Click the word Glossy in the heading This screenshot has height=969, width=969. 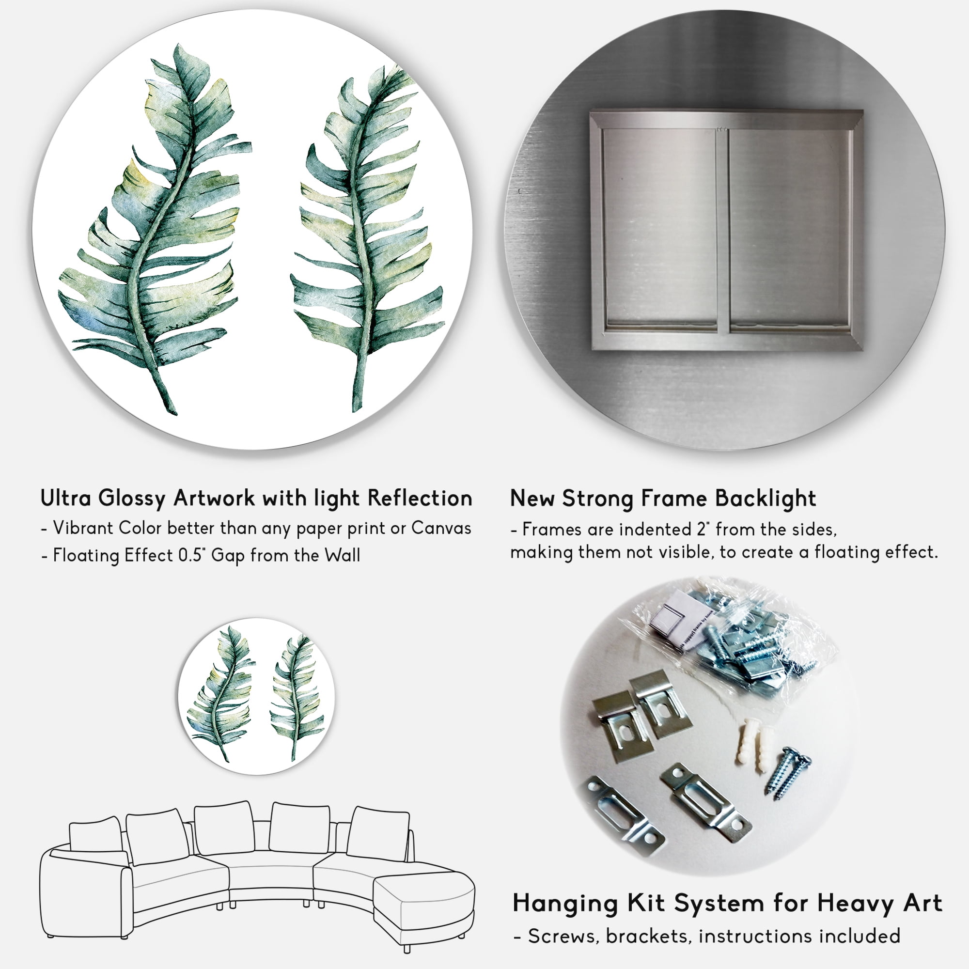click(x=132, y=499)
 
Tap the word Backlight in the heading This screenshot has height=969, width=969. click(x=766, y=499)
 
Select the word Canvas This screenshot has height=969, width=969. click(x=441, y=528)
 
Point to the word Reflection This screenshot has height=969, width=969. click(x=420, y=498)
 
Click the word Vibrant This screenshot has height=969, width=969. click(x=83, y=528)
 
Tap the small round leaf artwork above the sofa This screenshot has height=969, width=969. click(x=256, y=696)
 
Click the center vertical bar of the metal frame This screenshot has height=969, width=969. click(x=723, y=231)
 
